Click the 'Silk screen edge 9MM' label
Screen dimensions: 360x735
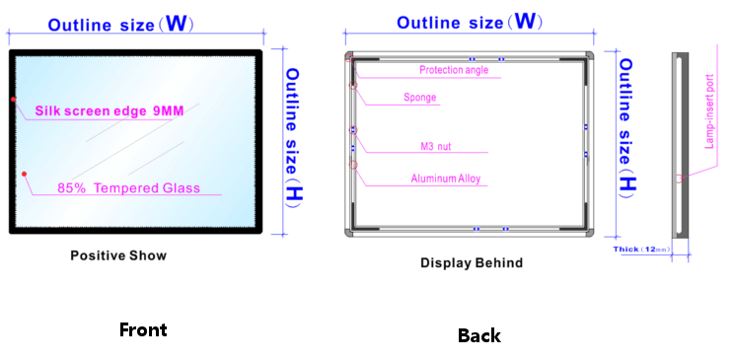pos(110,111)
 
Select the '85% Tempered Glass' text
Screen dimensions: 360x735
pos(128,187)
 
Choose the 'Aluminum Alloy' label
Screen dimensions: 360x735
pos(445,179)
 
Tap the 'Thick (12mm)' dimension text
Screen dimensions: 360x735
pos(641,250)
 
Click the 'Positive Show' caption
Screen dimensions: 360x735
pos(118,255)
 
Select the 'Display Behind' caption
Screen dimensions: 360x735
pos(472,262)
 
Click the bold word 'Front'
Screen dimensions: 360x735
pos(143,329)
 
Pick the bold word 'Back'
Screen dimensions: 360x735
pos(478,335)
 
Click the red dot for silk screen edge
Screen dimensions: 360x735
pos(13,100)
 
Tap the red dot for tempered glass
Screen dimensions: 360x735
pos(24,174)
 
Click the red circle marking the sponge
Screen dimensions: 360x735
pos(353,86)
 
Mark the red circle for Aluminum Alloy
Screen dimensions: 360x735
pos(353,167)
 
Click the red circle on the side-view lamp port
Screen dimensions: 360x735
pos(678,180)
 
